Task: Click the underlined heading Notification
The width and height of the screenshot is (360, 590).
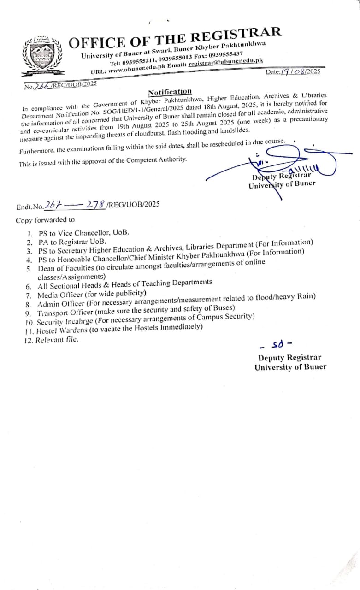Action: point(170,91)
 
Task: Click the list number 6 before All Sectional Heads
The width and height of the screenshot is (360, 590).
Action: point(29,286)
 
